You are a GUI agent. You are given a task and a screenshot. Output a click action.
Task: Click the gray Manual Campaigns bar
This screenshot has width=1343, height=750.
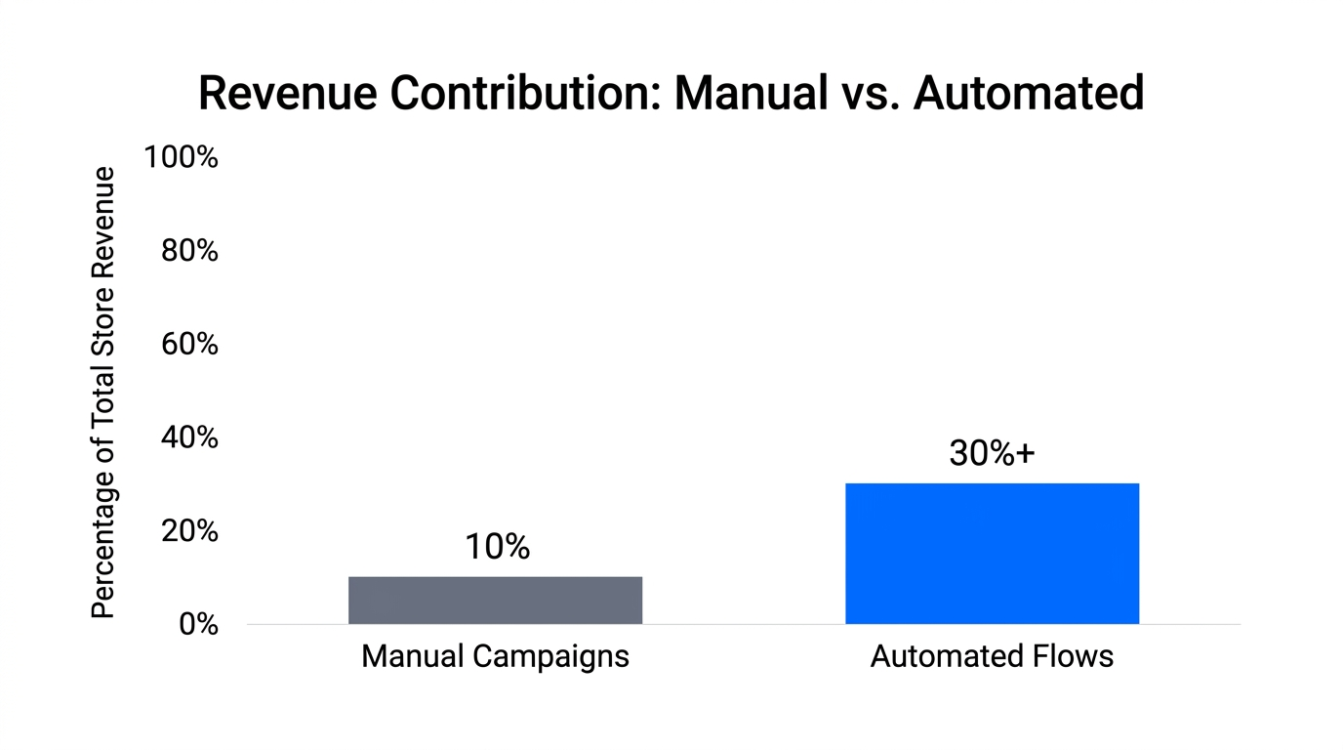[495, 601]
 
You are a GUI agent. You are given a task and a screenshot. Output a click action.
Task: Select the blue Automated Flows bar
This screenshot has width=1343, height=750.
[992, 554]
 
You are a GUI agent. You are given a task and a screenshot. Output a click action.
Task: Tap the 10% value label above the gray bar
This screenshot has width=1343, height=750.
[497, 548]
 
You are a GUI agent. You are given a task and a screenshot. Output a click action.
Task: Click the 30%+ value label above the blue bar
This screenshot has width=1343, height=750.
[992, 454]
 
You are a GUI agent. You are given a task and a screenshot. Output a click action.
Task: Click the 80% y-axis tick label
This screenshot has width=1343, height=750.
[188, 251]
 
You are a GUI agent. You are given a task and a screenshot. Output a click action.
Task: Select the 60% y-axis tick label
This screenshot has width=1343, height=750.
[188, 345]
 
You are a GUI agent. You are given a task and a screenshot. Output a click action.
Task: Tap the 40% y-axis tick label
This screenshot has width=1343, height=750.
[188, 437]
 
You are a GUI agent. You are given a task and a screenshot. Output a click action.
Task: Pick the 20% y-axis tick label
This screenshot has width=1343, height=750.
[188, 531]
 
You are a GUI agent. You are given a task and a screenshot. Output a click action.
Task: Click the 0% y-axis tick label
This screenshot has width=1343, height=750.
[198, 624]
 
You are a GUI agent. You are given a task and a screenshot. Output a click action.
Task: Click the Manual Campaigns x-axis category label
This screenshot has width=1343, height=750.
[495, 656]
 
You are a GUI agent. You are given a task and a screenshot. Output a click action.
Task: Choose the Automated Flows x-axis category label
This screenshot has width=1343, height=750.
[992, 656]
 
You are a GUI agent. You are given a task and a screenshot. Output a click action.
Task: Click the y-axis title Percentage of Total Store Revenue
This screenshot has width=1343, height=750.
[103, 393]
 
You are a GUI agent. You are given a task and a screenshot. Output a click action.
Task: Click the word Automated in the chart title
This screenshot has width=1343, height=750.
[1029, 94]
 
